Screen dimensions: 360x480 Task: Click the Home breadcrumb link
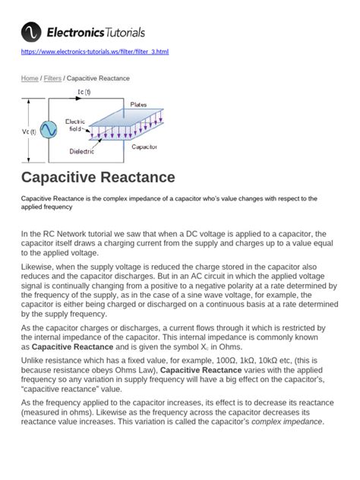pyautogui.click(x=30, y=78)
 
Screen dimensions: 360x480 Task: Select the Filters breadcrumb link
pyautogui.click(x=53, y=78)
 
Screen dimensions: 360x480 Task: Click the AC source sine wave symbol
pyautogui.click(x=49, y=130)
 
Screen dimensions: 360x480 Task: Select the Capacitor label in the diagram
pyautogui.click(x=144, y=147)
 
